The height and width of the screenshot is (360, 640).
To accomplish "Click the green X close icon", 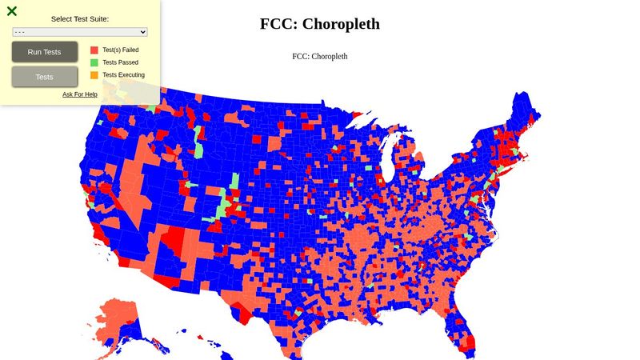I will [12, 11].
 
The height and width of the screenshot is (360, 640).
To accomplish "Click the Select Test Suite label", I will [80, 18].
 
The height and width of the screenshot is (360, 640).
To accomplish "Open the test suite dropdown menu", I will [80, 32].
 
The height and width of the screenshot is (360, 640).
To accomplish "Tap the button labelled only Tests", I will [45, 77].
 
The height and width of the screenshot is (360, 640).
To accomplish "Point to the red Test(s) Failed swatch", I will [94, 50].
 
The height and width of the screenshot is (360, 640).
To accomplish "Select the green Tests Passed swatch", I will [94, 62].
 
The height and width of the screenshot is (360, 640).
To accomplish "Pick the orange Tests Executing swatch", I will [94, 75].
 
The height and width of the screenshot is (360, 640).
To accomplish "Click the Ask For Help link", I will [80, 94].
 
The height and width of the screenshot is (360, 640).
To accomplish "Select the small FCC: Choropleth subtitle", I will [320, 57].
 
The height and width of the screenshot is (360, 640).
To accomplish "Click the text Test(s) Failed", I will [121, 50].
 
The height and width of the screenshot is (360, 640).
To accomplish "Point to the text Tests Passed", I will [120, 62].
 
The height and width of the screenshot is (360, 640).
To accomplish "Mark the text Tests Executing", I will [124, 75].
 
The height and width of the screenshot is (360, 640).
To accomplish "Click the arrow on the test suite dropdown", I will [143, 32].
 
